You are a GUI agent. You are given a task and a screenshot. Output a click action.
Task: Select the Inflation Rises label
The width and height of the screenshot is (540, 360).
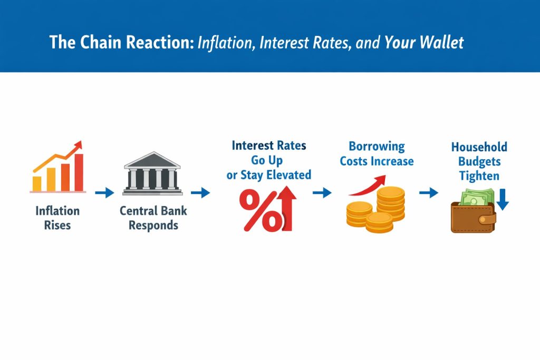(x=57, y=218)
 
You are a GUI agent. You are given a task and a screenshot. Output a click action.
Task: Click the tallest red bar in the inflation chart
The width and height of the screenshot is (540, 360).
(x=79, y=172)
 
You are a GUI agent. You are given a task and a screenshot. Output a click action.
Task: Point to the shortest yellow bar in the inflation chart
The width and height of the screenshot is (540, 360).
(x=37, y=183)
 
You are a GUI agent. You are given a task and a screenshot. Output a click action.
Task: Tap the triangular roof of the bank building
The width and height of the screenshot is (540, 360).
(x=152, y=159)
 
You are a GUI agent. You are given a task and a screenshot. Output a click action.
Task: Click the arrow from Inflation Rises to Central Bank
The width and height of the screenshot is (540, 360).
(x=104, y=193)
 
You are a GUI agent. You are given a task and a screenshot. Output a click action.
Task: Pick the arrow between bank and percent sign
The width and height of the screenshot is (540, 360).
(x=200, y=193)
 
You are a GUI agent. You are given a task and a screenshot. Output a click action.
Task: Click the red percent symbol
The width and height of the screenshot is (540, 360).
(x=261, y=211)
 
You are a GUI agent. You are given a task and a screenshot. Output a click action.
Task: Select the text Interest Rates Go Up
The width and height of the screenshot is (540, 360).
(x=268, y=152)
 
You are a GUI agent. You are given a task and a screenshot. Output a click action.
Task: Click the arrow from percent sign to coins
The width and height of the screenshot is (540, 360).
(x=322, y=193)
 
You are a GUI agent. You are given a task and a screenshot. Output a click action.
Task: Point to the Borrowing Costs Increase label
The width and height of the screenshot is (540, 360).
(x=377, y=153)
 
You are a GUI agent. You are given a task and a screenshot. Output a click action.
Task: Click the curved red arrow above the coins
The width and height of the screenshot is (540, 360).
(x=366, y=186)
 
